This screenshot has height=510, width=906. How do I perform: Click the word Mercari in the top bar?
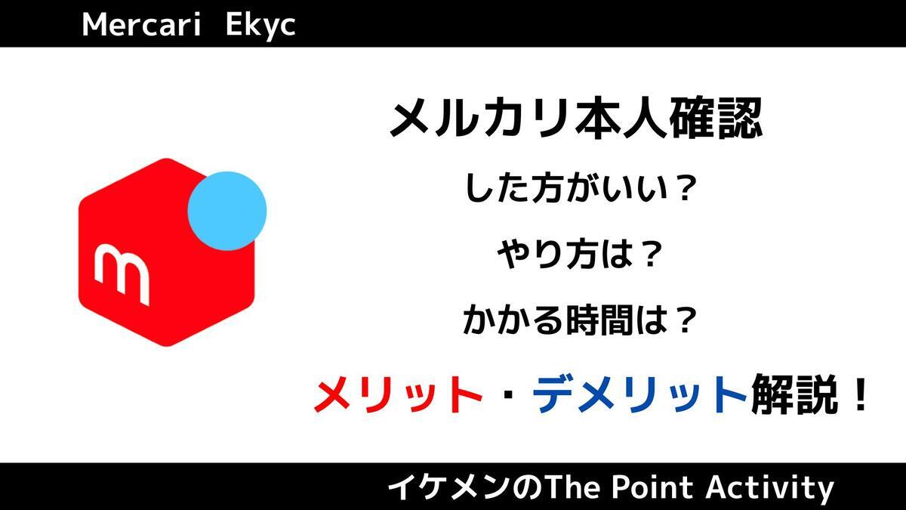[140, 25]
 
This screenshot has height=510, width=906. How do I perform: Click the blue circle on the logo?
[226, 209]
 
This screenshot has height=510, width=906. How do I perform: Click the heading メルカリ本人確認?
[575, 120]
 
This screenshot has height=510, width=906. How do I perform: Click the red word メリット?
[398, 395]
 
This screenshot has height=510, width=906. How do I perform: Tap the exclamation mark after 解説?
[855, 395]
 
